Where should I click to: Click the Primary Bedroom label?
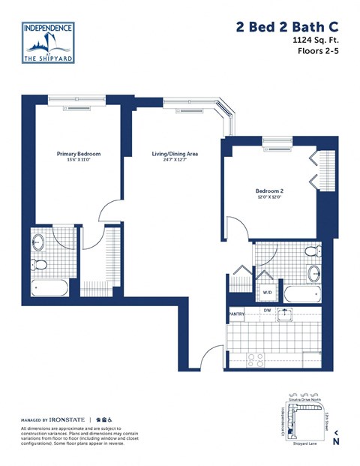pyautogui.click(x=79, y=154)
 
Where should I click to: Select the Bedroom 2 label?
pyautogui.click(x=269, y=191)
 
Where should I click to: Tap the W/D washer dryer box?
pyautogui.click(x=266, y=292)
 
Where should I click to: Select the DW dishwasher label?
pyautogui.click(x=267, y=311)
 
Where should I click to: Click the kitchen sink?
pyautogui.click(x=286, y=314)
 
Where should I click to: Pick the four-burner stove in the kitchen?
pyautogui.click(x=256, y=358)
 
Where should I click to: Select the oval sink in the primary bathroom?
pyautogui.click(x=39, y=242)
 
